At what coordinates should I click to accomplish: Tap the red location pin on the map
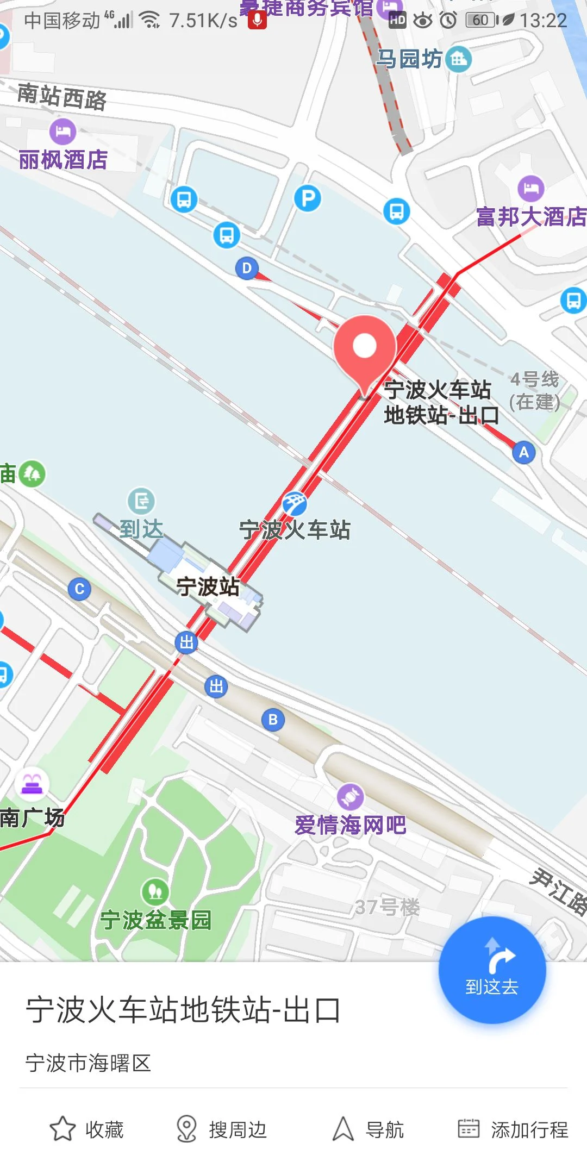click(365, 348)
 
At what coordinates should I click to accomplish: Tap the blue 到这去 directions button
click(492, 970)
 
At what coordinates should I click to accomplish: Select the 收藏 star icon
click(63, 1129)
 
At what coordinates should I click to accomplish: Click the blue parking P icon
click(308, 198)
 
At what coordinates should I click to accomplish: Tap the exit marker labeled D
click(247, 268)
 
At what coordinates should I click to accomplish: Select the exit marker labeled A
click(524, 452)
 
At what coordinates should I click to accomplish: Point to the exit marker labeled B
click(273, 720)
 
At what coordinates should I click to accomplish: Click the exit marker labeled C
click(79, 589)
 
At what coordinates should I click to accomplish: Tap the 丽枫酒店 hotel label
click(63, 160)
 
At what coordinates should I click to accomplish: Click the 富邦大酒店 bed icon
click(531, 189)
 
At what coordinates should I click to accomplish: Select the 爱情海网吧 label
click(351, 825)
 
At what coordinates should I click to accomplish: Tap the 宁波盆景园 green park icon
click(155, 891)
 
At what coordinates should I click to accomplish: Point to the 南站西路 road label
click(62, 97)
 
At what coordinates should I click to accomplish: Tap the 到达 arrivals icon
click(141, 501)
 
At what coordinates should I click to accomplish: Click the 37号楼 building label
click(387, 907)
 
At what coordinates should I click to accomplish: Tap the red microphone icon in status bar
click(257, 20)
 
